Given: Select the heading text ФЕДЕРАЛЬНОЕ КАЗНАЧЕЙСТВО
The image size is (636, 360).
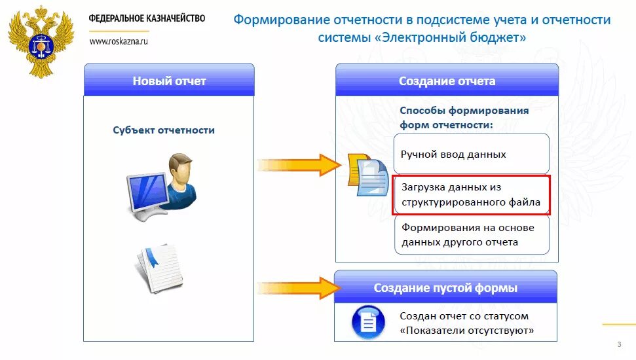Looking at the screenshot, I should (x=147, y=18).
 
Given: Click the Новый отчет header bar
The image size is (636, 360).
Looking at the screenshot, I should (x=169, y=81).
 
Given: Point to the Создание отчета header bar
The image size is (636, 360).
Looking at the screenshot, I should (x=447, y=81).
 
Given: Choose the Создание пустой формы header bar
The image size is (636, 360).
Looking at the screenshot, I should (x=445, y=288).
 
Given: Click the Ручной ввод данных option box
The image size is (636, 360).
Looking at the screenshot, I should (x=471, y=154).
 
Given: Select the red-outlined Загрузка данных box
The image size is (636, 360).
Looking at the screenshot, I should (x=471, y=195).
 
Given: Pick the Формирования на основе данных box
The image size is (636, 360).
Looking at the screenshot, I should (x=471, y=235).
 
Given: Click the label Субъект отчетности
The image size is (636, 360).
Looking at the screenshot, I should (x=164, y=130).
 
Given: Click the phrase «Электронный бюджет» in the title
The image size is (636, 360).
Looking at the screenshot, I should (x=451, y=38).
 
